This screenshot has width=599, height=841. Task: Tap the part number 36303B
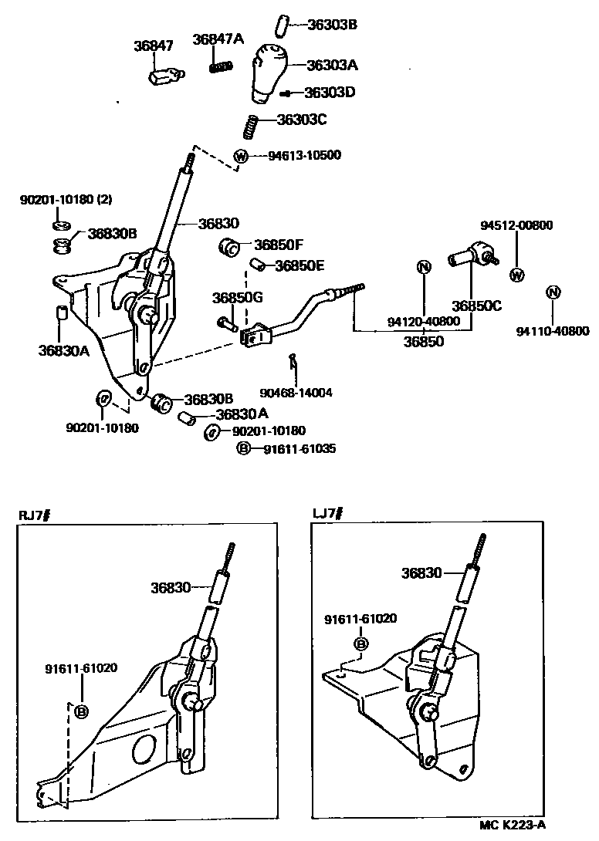click(x=332, y=24)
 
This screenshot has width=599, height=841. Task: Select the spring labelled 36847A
click(x=222, y=67)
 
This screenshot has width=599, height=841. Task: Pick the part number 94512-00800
click(x=516, y=225)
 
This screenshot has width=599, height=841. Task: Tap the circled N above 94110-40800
click(x=552, y=292)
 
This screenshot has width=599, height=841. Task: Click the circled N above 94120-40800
click(x=423, y=268)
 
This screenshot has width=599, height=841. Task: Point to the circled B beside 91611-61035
click(x=243, y=448)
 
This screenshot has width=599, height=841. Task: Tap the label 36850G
click(x=238, y=297)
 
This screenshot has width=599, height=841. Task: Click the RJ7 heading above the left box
click(x=35, y=515)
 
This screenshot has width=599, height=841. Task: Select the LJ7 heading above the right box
click(x=327, y=513)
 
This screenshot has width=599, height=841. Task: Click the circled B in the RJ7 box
click(x=80, y=712)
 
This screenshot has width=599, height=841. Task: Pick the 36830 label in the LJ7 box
click(x=421, y=573)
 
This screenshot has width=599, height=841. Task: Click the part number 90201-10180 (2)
click(x=66, y=199)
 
